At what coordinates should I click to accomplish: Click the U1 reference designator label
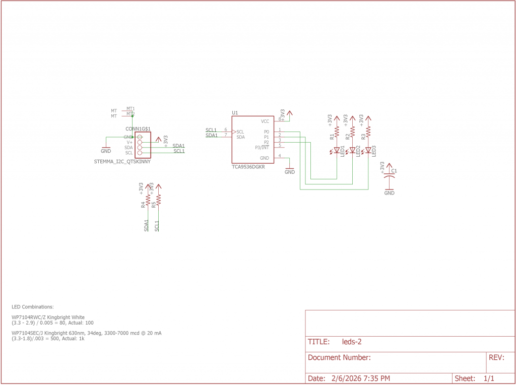(x=235, y=113)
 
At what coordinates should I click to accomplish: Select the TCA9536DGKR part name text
(x=248, y=167)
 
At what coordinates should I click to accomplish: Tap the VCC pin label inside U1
(x=265, y=121)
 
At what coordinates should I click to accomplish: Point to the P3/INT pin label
(x=262, y=147)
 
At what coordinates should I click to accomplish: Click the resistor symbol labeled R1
(x=337, y=131)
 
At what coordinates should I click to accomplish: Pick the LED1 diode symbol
(x=337, y=150)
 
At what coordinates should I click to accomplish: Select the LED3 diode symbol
(x=368, y=150)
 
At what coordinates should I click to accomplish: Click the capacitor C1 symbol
(x=389, y=177)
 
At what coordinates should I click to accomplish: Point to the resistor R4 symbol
(x=148, y=200)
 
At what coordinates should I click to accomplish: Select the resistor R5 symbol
(x=159, y=200)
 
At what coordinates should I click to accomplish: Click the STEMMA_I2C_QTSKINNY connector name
(x=122, y=162)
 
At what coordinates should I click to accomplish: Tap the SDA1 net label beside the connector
(x=178, y=146)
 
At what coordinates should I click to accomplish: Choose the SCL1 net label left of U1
(x=211, y=130)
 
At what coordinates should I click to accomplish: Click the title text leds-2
(x=352, y=342)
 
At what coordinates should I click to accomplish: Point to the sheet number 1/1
(x=488, y=378)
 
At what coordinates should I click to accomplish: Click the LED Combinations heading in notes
(x=32, y=307)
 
